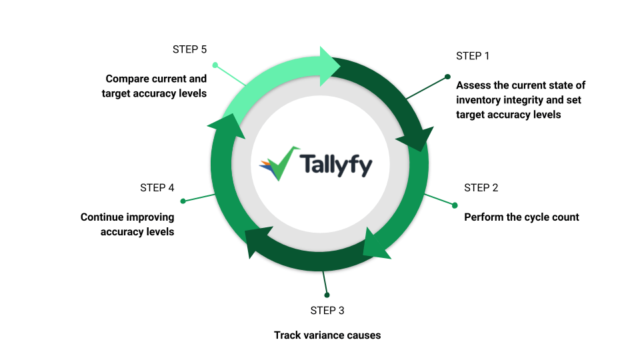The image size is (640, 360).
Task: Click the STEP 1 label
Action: coord(473,56)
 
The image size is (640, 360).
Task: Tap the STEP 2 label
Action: coord(481,188)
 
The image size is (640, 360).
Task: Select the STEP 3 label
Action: coord(327,311)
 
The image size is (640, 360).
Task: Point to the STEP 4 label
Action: coord(157,188)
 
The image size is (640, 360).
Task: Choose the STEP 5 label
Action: coord(189,49)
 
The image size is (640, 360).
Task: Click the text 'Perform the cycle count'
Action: coord(521,217)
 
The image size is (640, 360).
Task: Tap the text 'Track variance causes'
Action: coord(327,335)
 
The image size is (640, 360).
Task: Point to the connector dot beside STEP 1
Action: coord(447,76)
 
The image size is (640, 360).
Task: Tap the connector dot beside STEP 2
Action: coord(455,205)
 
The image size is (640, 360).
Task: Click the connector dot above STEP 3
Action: coord(327,295)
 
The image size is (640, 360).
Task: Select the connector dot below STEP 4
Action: coord(183,201)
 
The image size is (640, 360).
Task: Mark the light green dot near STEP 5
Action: coord(215,65)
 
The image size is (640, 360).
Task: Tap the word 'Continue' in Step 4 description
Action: coord(102,217)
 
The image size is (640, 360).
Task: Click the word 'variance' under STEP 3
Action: coord(324,335)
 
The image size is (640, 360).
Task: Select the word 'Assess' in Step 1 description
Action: coord(473,86)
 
